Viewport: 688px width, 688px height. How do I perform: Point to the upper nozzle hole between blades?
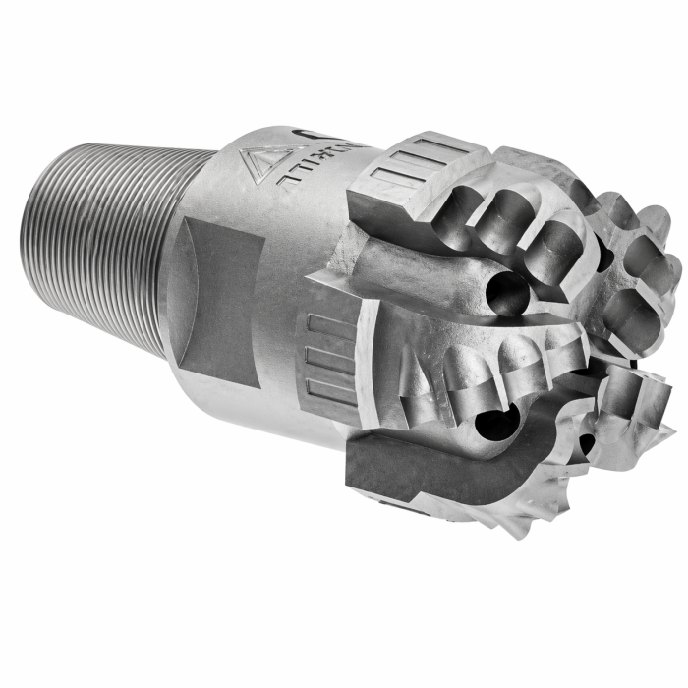(505, 292)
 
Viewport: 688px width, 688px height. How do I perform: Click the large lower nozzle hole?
(490, 424)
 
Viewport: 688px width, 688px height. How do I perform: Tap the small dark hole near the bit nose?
(587, 444)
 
